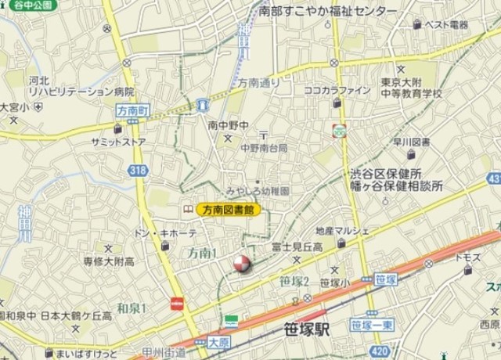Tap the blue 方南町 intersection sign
point(132,111)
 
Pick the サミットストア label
point(117,142)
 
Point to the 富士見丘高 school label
point(297,247)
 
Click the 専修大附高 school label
point(109,261)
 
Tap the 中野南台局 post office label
point(264,147)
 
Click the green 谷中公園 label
point(31,5)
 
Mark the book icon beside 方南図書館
point(188,210)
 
